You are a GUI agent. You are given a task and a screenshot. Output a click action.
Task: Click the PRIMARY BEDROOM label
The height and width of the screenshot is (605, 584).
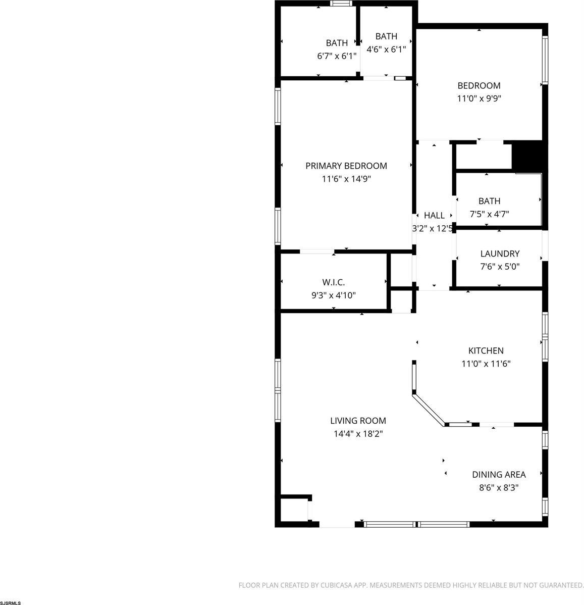346,166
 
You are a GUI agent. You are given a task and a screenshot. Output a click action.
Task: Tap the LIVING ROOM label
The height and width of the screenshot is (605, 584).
358,420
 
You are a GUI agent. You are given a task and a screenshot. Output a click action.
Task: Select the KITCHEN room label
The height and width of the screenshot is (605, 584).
486,350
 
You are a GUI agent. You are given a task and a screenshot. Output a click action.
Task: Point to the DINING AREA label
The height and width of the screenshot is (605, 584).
498,475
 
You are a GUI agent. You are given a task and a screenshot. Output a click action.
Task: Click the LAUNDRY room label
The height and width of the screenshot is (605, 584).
500,254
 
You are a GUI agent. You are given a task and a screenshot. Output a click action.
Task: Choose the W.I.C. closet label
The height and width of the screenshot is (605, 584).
333,282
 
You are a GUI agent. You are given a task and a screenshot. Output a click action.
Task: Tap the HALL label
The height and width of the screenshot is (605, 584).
434,216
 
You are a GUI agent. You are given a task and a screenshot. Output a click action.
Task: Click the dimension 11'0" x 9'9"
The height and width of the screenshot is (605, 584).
479,99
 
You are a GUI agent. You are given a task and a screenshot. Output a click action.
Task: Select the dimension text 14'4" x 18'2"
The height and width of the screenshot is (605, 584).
358,433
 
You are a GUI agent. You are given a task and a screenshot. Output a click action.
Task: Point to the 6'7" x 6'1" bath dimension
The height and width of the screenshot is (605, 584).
337,56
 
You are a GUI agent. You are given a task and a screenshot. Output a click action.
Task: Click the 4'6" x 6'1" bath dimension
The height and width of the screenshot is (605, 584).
386,49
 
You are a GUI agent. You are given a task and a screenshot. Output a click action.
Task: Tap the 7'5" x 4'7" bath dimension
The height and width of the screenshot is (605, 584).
489,214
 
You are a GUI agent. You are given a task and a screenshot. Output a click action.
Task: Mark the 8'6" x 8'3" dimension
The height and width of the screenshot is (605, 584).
498,488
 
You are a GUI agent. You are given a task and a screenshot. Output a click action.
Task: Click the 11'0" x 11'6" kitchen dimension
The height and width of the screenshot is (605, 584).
486,364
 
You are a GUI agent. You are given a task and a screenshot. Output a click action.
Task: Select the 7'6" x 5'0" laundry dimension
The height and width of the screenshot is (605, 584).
500,267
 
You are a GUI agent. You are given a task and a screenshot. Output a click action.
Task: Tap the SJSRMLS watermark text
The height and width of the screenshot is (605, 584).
11,602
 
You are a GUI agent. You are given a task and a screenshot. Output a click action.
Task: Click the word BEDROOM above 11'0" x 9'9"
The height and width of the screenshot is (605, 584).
479,86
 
